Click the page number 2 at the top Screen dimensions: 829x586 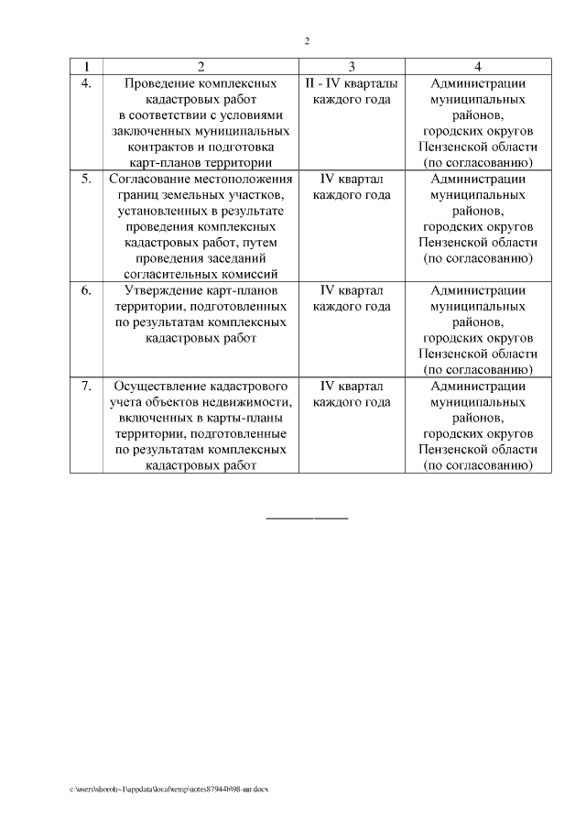[308, 41]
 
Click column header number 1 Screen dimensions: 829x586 [87, 66]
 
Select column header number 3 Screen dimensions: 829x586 [351, 66]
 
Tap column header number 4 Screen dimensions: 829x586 [478, 66]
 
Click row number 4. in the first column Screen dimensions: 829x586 [87, 83]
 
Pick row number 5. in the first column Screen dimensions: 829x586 [87, 179]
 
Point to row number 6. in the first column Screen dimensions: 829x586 [87, 290]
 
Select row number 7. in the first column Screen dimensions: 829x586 [87, 386]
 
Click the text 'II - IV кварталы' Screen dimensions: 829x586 [351, 83]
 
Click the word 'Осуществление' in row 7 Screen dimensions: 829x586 [149, 386]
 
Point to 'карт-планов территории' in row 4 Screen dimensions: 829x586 [201, 163]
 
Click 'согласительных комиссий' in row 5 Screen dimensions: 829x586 [201, 274]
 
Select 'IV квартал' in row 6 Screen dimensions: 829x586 [351, 290]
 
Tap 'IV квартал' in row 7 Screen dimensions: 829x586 [351, 386]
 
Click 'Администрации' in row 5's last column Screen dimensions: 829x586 [478, 179]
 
